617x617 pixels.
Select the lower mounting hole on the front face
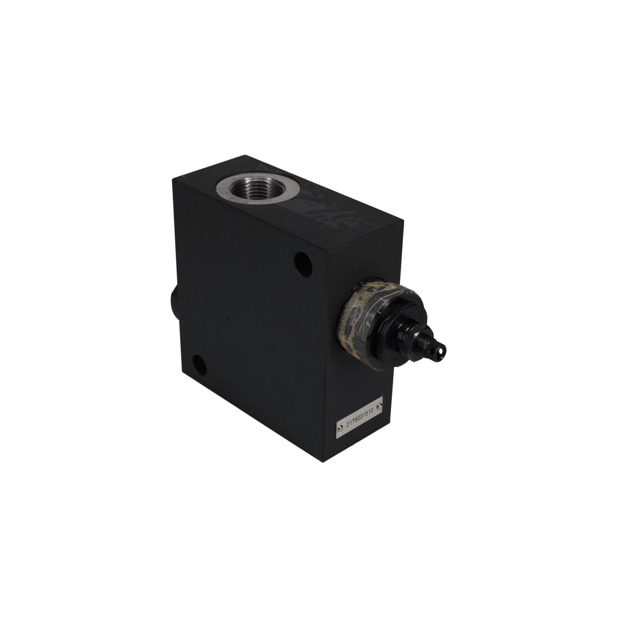click(x=200, y=365)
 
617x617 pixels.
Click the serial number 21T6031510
click(x=359, y=418)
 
